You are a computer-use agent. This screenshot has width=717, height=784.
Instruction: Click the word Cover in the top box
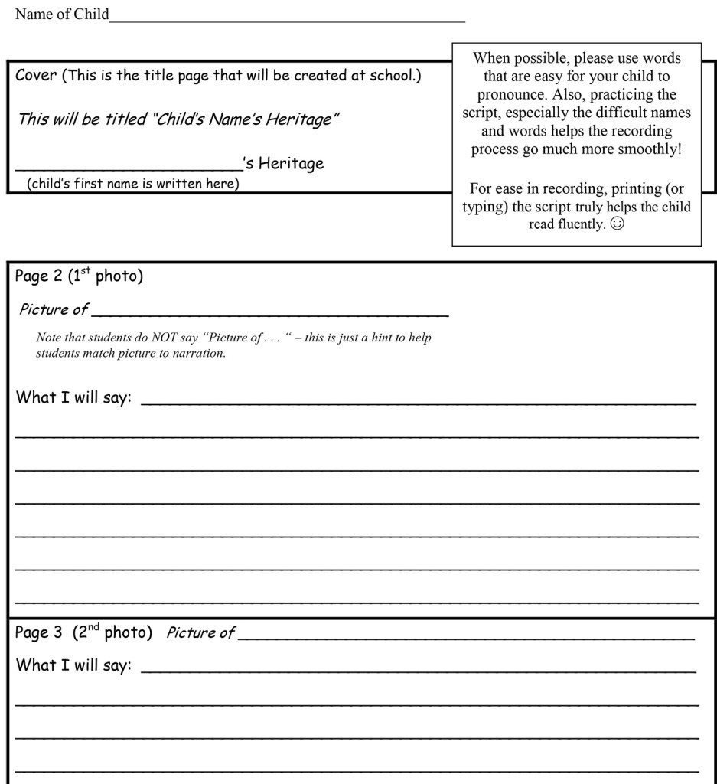(x=35, y=76)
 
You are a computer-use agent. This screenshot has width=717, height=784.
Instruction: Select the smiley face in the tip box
(x=618, y=225)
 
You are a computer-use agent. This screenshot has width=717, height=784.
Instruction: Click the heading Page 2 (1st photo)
(x=79, y=276)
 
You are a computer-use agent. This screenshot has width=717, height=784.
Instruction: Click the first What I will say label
(x=73, y=398)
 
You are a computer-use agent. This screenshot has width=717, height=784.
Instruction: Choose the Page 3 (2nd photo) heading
(x=83, y=633)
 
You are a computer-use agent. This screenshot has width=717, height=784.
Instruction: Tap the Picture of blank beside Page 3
(x=465, y=636)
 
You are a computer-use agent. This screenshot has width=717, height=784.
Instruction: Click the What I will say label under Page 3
(x=73, y=665)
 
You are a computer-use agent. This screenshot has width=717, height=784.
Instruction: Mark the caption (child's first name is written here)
(x=133, y=184)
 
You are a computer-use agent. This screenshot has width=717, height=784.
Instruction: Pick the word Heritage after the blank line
(x=291, y=163)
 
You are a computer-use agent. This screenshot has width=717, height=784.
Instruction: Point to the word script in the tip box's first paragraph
(x=481, y=113)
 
